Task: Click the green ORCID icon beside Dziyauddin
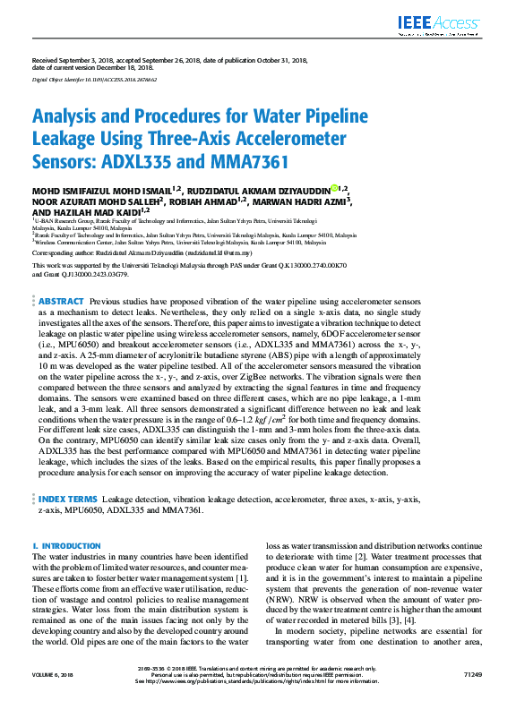333,188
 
